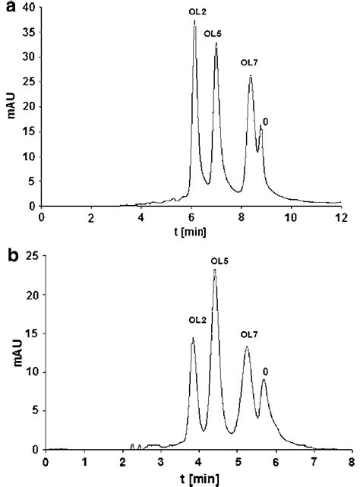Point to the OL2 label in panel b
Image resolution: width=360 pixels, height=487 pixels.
click(197, 320)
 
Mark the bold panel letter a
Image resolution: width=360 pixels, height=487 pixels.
click(6, 7)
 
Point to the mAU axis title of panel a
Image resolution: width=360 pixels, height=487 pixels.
click(9, 109)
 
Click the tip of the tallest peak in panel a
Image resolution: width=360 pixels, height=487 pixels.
click(194, 21)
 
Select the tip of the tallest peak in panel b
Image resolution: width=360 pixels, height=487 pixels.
click(215, 270)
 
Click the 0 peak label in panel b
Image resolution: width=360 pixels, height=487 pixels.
click(265, 372)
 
